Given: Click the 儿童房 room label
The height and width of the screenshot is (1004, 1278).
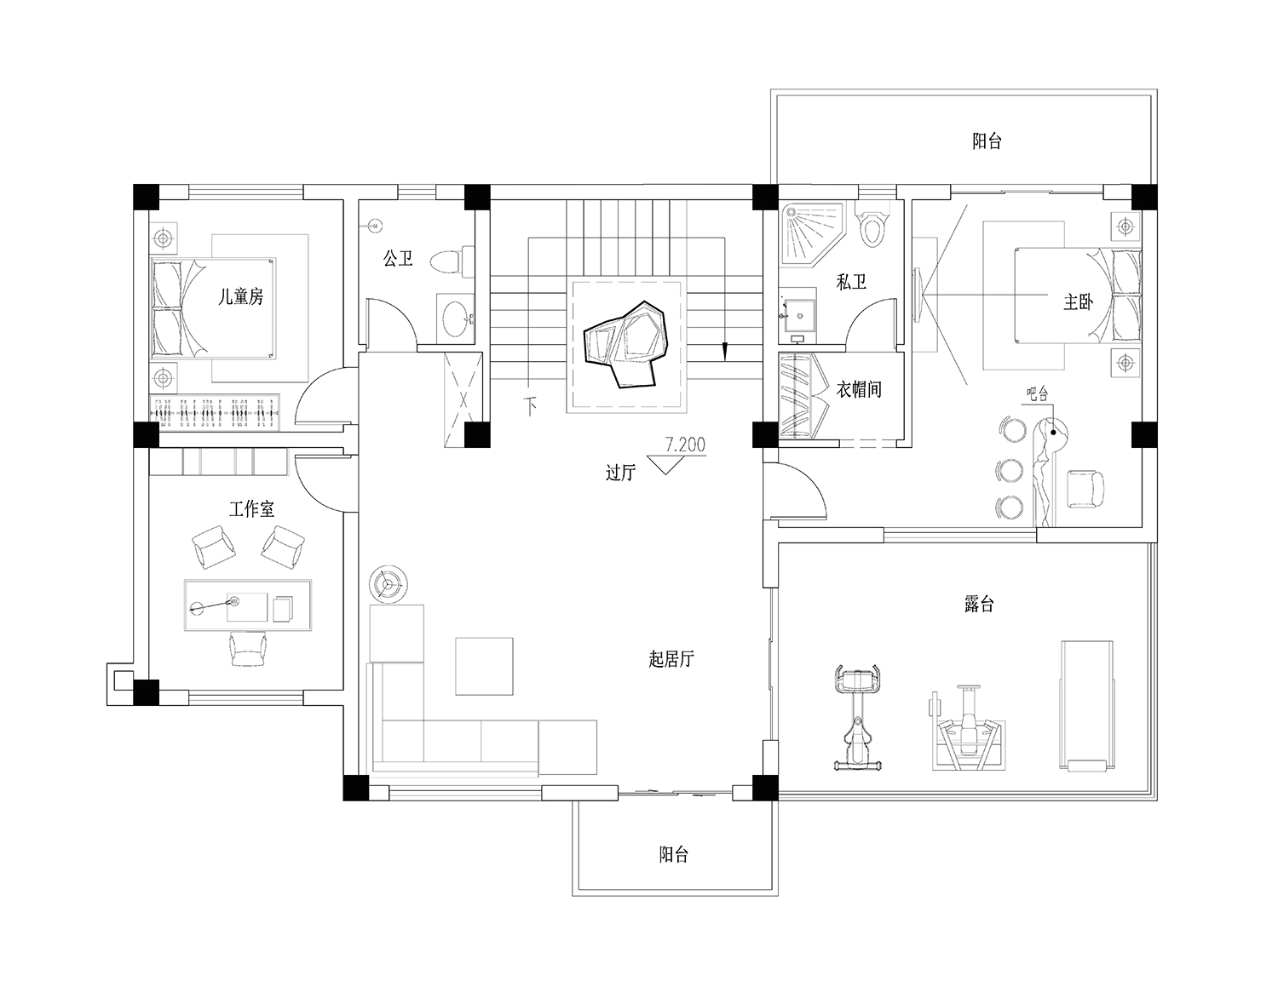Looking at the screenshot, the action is [240, 297].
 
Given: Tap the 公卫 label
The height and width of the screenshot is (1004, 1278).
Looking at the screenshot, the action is [398, 258].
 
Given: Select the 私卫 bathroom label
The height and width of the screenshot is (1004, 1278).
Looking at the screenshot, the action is [852, 282].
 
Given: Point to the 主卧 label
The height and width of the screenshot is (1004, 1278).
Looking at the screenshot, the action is [1078, 302].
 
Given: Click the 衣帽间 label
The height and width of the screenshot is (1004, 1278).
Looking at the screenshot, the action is [860, 389].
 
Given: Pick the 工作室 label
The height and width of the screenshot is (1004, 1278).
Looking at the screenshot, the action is [251, 508].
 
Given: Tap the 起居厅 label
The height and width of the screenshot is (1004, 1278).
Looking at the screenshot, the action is [671, 659].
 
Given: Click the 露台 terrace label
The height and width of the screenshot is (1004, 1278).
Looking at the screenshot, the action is [979, 604].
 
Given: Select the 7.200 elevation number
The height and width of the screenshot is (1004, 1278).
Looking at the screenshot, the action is [685, 445].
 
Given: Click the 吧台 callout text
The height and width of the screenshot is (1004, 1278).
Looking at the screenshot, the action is [1037, 393].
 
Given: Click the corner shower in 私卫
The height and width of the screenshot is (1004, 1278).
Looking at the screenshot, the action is [812, 234].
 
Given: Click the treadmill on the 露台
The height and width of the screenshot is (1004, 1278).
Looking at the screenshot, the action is [1086, 705].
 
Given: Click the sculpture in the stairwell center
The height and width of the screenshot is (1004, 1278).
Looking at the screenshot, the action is [625, 343].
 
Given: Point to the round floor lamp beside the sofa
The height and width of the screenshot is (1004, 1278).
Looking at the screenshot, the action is [389, 584].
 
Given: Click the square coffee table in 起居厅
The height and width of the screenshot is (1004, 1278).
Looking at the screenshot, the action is [484, 666].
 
